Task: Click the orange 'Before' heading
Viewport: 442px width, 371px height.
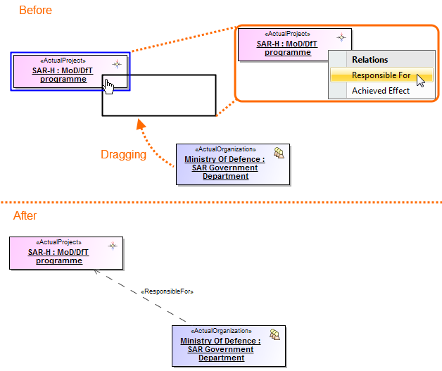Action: [35, 11]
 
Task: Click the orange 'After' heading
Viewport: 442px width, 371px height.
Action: [25, 215]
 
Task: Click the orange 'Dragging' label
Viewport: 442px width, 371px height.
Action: [123, 155]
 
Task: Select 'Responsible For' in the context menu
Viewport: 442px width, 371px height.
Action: [381, 75]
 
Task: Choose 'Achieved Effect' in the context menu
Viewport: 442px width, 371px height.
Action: [380, 91]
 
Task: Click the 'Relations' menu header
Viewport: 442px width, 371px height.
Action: [370, 60]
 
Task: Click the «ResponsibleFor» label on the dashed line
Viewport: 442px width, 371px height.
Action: [168, 291]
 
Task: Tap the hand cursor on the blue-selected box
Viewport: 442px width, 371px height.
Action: [108, 85]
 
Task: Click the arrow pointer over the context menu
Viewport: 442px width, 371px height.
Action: [421, 79]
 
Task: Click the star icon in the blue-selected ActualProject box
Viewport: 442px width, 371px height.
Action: [117, 63]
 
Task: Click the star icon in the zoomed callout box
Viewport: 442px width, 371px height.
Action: [341, 37]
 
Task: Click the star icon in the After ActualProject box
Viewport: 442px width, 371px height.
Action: [112, 246]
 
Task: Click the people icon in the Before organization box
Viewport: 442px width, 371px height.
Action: [279, 153]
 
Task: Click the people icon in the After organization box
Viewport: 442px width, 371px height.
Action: [275, 335]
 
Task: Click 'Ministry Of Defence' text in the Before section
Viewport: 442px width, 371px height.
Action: [225, 160]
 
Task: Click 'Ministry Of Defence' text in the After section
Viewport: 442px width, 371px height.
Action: [220, 341]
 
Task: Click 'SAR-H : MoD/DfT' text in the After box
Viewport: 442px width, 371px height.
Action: [58, 252]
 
